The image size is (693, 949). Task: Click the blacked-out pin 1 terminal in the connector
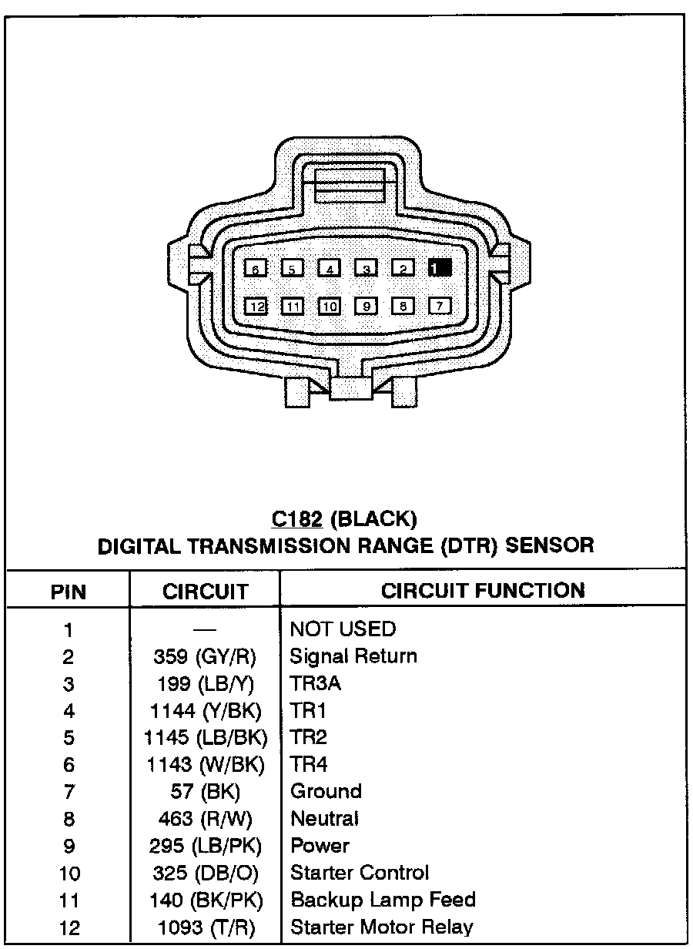coord(440,268)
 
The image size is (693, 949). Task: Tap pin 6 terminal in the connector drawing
coord(255,268)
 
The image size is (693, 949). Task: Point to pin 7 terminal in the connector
coord(440,306)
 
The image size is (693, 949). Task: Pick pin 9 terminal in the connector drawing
coord(367,307)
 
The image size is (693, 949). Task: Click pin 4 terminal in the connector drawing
coord(330,268)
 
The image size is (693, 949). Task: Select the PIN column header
coord(69,592)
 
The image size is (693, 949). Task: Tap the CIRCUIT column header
coord(206,592)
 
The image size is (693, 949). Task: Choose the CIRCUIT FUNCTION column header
coord(483,591)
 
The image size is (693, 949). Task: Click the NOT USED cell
coord(343,629)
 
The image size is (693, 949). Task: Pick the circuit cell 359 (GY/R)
coord(205,657)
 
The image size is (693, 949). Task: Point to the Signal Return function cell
coord(353,656)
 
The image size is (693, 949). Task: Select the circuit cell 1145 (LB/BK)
coord(206,738)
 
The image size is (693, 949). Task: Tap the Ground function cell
coord(326,791)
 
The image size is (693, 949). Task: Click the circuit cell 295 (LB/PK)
coord(206,846)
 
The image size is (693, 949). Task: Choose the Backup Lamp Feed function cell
coord(383,900)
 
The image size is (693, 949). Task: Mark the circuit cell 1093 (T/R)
coord(206,927)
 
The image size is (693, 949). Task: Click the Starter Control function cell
coord(360,873)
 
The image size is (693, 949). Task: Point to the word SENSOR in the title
coord(549,546)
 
